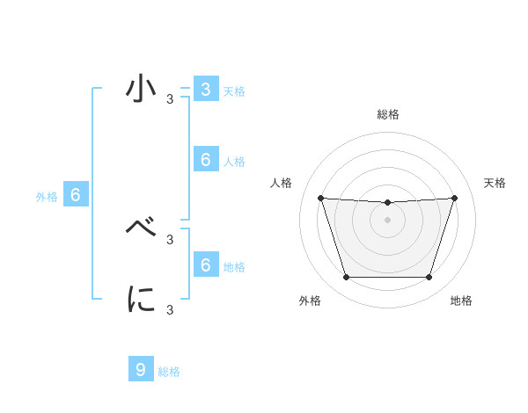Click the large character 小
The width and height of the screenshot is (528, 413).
tap(142, 91)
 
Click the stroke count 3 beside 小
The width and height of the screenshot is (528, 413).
tap(170, 99)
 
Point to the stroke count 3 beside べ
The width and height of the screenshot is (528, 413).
tap(170, 239)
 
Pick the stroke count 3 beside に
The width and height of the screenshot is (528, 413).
tap(170, 309)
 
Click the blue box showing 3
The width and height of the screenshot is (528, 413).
tap(205, 90)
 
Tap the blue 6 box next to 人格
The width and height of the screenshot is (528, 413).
tap(205, 159)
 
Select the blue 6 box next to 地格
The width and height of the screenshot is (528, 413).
tap(205, 264)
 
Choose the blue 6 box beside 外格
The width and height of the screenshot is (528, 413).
tap(76, 195)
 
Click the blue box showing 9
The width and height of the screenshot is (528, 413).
tap(141, 369)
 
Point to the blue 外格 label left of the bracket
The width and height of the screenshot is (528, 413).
tap(47, 197)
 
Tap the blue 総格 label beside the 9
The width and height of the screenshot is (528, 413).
tap(169, 372)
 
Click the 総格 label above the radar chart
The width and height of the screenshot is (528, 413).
tap(387, 115)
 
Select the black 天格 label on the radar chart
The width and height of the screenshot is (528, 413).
tap(495, 183)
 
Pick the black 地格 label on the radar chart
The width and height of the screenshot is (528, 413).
tap(461, 301)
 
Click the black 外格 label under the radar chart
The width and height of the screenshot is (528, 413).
tap(310, 301)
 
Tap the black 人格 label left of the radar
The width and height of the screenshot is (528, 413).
tap(282, 183)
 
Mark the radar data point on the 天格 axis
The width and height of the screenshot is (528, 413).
tap(454, 198)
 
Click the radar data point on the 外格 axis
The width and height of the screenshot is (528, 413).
tap(346, 278)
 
